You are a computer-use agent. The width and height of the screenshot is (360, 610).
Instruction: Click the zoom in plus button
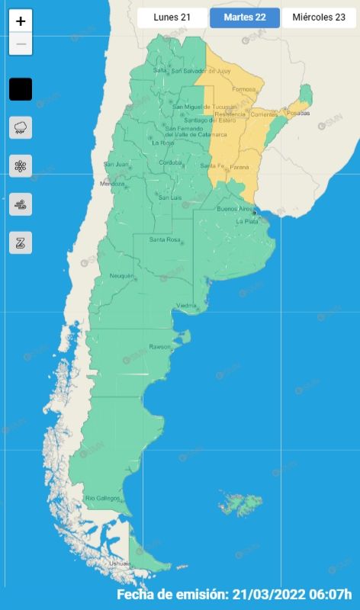[x=21, y=21]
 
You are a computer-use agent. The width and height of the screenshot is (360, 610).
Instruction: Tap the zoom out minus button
[x=21, y=44]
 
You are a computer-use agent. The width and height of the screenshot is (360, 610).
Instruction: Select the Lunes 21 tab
[x=172, y=18]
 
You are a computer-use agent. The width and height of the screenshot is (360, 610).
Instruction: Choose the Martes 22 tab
[x=244, y=18]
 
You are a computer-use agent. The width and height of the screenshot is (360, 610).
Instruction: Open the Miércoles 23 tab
[x=319, y=18]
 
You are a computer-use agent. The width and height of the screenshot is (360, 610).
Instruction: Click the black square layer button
[x=21, y=89]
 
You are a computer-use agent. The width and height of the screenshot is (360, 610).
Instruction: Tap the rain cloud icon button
[x=21, y=127]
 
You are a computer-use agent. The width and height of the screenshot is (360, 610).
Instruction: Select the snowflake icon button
[x=21, y=165]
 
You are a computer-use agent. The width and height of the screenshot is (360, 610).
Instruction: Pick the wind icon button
[x=21, y=204]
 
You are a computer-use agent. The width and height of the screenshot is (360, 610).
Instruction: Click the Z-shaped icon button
[x=21, y=242]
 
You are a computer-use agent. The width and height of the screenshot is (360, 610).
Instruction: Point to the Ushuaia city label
[x=120, y=563]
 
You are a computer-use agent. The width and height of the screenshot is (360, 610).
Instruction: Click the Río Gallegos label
[x=103, y=499]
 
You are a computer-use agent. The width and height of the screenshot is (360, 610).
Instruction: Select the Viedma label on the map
[x=187, y=306]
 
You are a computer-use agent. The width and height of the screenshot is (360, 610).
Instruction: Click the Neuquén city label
[x=121, y=275]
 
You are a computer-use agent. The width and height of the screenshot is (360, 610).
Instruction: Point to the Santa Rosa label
[x=164, y=240]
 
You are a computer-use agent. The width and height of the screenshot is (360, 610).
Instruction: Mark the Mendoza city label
[x=111, y=184]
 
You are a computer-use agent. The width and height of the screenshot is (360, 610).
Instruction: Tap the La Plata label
[x=247, y=222]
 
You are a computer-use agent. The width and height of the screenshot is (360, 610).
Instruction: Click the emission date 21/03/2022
[x=271, y=595]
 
